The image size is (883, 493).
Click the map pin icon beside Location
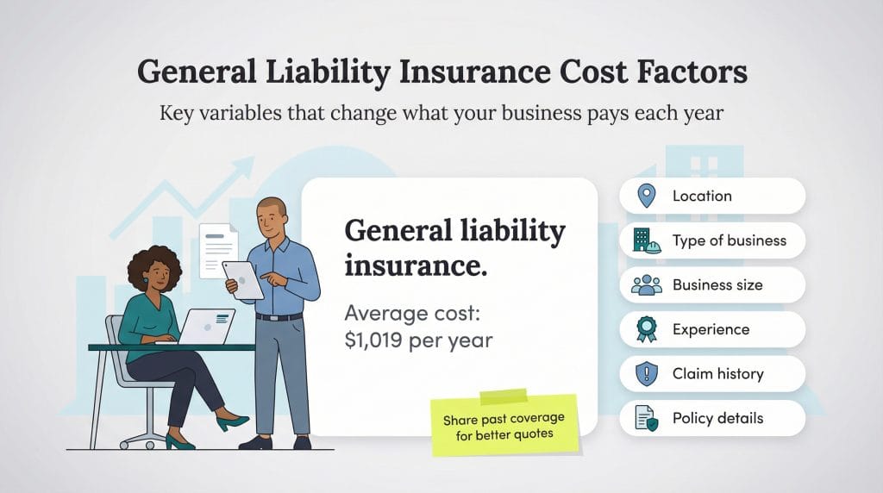[646, 196]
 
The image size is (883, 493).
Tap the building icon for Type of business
[646, 240]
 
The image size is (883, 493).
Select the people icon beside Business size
[646, 285]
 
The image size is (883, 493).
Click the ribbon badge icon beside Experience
[646, 329]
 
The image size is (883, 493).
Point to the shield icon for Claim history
[646, 374]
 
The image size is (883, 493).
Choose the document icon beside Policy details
[646, 419]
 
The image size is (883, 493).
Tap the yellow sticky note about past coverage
[504, 424]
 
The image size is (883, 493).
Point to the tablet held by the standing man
[242, 279]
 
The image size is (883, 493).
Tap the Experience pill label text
[711, 329]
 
